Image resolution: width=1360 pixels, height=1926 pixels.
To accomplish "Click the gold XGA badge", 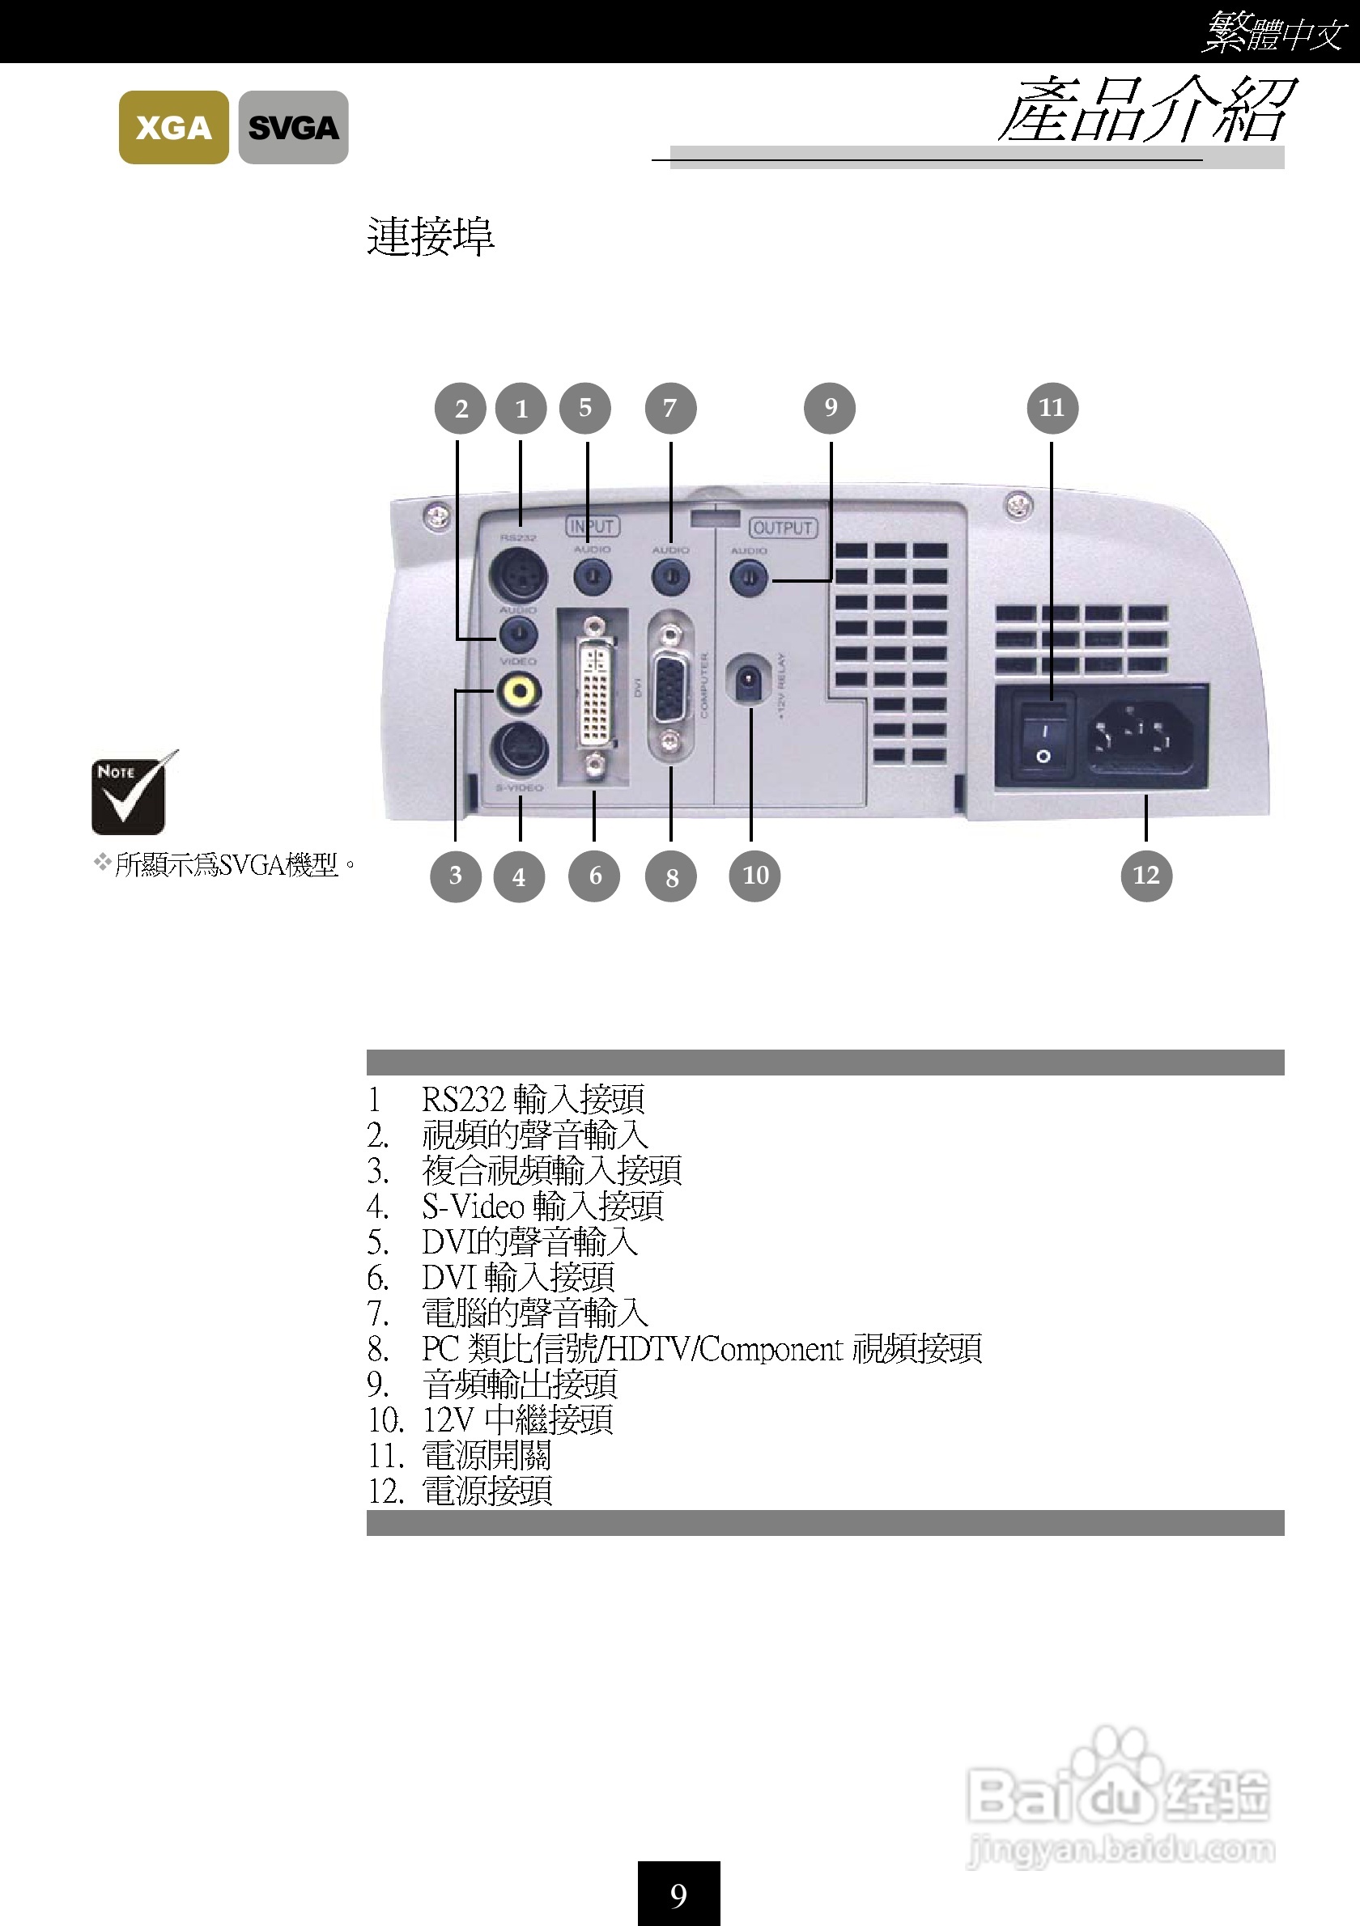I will click(x=174, y=128).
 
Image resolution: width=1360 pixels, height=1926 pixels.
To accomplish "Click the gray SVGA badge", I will click(x=293, y=128).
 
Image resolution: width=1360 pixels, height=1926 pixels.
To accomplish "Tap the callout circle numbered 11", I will click(x=1052, y=408).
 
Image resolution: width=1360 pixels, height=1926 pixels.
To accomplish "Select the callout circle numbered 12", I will click(x=1146, y=876).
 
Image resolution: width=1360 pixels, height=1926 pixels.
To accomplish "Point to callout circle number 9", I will click(x=830, y=408).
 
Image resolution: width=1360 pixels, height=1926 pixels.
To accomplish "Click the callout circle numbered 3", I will click(x=456, y=876).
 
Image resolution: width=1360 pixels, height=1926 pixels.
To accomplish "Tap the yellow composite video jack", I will click(x=518, y=691).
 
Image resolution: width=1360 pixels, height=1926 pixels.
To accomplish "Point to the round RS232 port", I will click(x=517, y=575).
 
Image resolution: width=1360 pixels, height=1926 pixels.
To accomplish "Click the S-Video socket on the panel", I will click(x=518, y=751).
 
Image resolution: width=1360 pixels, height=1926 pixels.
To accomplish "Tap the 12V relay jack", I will click(x=748, y=681).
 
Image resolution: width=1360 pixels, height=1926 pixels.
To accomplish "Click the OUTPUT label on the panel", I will click(x=783, y=528).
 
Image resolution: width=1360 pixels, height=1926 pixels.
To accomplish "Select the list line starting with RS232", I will click(x=532, y=1099).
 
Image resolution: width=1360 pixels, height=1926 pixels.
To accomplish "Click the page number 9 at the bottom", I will click(x=678, y=1895).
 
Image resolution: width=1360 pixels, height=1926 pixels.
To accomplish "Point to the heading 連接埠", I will click(x=431, y=236).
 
